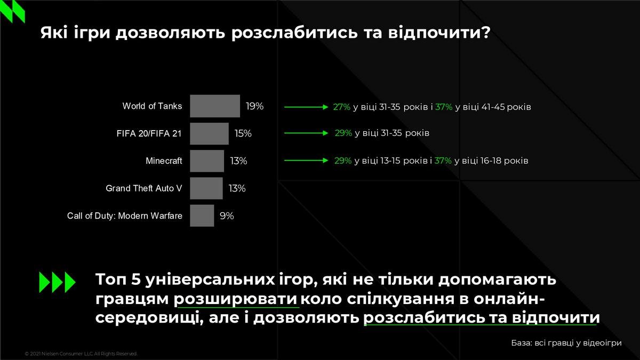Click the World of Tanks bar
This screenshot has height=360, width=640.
pos(215,106)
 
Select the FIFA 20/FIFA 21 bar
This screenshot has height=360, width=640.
pos(209,133)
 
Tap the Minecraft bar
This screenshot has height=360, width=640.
pos(207,161)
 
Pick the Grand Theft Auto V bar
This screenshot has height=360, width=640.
pos(206,188)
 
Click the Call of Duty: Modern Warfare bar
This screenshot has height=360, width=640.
pos(202,215)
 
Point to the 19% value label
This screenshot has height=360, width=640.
pos(254,106)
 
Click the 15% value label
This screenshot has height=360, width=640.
pos(243,133)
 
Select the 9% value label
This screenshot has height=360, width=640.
pos(227,215)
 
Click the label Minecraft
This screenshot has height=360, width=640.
pos(164,161)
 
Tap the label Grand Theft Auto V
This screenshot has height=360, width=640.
pos(143,188)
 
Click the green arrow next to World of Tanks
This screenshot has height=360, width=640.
pos(306,107)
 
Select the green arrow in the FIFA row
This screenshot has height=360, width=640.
pos(306,133)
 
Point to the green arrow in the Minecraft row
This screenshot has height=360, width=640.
pos(306,161)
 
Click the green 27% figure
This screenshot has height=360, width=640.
pos(342,107)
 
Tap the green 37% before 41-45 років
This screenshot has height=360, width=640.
pos(444,107)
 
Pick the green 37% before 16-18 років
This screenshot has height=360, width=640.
pos(443,161)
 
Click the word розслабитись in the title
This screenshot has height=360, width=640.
pos(294,33)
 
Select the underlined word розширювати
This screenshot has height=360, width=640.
pos(236,299)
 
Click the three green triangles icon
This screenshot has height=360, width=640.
pos(57,282)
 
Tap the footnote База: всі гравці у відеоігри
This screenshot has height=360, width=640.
pos(566,343)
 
